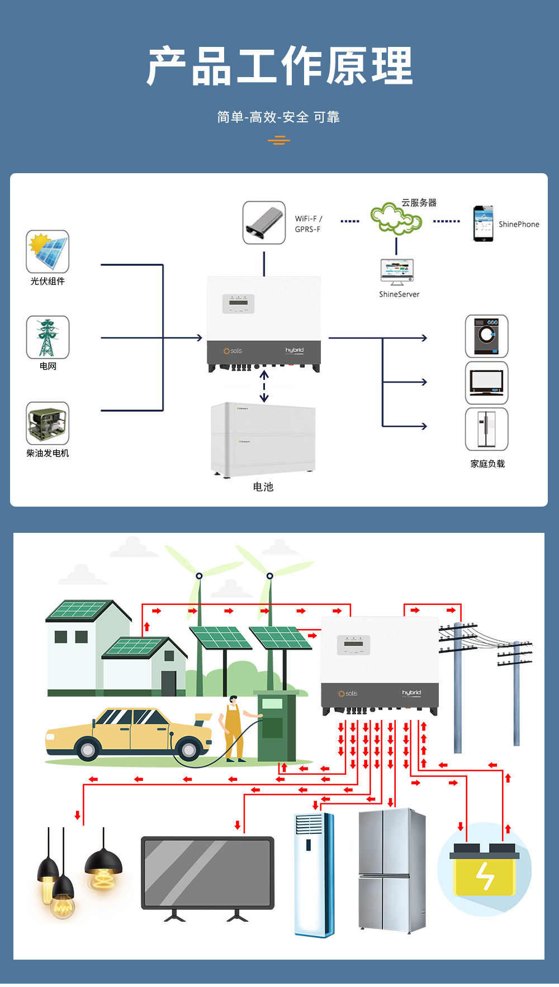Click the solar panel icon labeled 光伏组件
[48, 251]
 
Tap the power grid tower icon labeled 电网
[48, 337]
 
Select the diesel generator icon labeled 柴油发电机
[48, 423]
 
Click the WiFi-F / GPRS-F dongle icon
[264, 223]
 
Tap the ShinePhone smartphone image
[483, 223]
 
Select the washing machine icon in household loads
[486, 336]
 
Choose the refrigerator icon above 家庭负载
[486, 429]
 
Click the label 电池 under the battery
[263, 487]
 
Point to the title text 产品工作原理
[279, 66]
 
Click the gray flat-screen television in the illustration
[207, 874]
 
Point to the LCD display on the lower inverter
[353, 645]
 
